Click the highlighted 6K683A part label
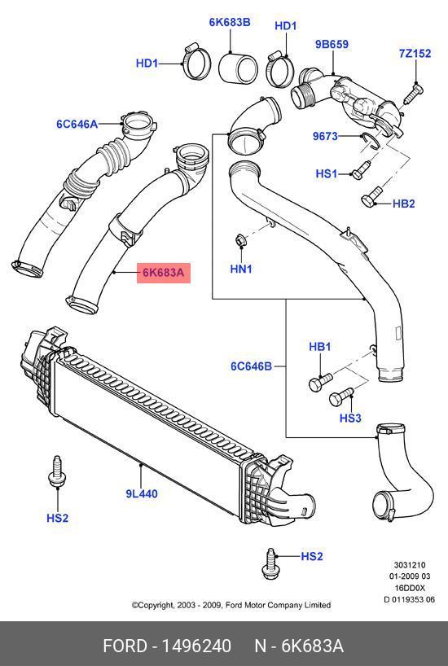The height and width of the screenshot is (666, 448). click(163, 272)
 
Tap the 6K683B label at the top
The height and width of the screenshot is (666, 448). click(230, 22)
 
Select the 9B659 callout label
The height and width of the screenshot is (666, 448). click(332, 44)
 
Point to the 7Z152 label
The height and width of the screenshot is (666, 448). click(415, 54)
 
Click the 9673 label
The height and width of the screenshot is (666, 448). click(325, 136)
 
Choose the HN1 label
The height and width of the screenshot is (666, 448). click(241, 269)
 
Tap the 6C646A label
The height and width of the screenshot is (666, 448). click(77, 124)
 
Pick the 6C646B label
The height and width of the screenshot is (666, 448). click(251, 366)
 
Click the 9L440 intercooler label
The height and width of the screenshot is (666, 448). click(142, 493)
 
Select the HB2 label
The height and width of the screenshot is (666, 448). click(403, 204)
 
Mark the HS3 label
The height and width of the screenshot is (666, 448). click(350, 418)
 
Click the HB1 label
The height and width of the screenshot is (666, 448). click(319, 347)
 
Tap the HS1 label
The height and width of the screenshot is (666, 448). click(327, 173)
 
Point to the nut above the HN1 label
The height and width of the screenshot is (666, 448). click(240, 240)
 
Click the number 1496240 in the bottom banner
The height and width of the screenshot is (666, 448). click(197, 646)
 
